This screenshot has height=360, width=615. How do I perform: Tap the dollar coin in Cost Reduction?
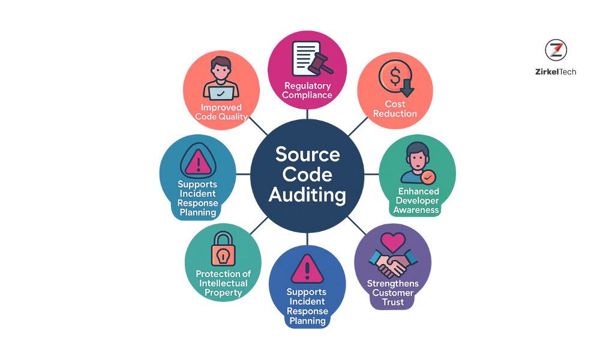click(x=393, y=76)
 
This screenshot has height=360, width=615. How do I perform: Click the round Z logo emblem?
click(x=556, y=50)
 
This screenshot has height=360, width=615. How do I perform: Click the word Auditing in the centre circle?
click(x=307, y=195)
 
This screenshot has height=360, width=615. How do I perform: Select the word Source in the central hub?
click(x=307, y=154)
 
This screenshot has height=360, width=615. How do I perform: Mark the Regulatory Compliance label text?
click(x=307, y=90)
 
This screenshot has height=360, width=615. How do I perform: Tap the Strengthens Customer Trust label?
click(x=393, y=293)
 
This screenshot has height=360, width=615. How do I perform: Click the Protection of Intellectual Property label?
click(x=223, y=283)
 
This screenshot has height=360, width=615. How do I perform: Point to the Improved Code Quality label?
click(x=221, y=112)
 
